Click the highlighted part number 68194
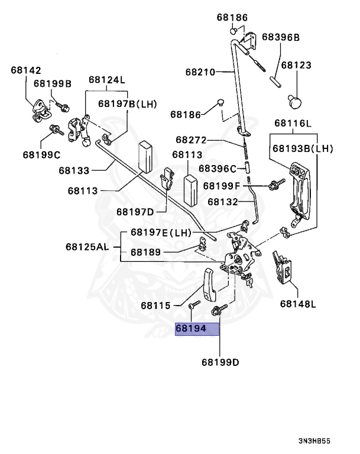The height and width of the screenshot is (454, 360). [197, 329]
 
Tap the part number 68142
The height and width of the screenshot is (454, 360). [25, 70]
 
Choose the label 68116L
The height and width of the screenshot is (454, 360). [292, 124]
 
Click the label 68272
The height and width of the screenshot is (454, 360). [190, 140]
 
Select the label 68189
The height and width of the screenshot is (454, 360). [145, 252]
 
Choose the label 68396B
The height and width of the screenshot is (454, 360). [281, 37]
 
